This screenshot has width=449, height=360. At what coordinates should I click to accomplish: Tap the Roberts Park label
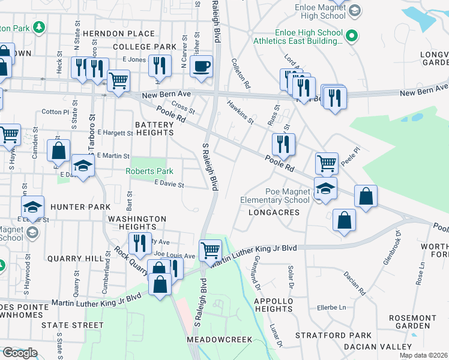coord(149,172)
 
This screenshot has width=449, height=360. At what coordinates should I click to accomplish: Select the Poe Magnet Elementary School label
coord(275,196)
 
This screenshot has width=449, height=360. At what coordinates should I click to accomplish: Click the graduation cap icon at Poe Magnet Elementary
coord(326,189)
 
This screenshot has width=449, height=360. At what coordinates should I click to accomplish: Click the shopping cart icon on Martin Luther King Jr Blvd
coord(210,250)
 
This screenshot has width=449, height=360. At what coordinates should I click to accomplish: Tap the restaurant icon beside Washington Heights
coord(139,242)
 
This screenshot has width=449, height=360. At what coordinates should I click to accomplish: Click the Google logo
coord(19,352)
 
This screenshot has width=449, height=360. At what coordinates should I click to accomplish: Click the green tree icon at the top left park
coord(38,27)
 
